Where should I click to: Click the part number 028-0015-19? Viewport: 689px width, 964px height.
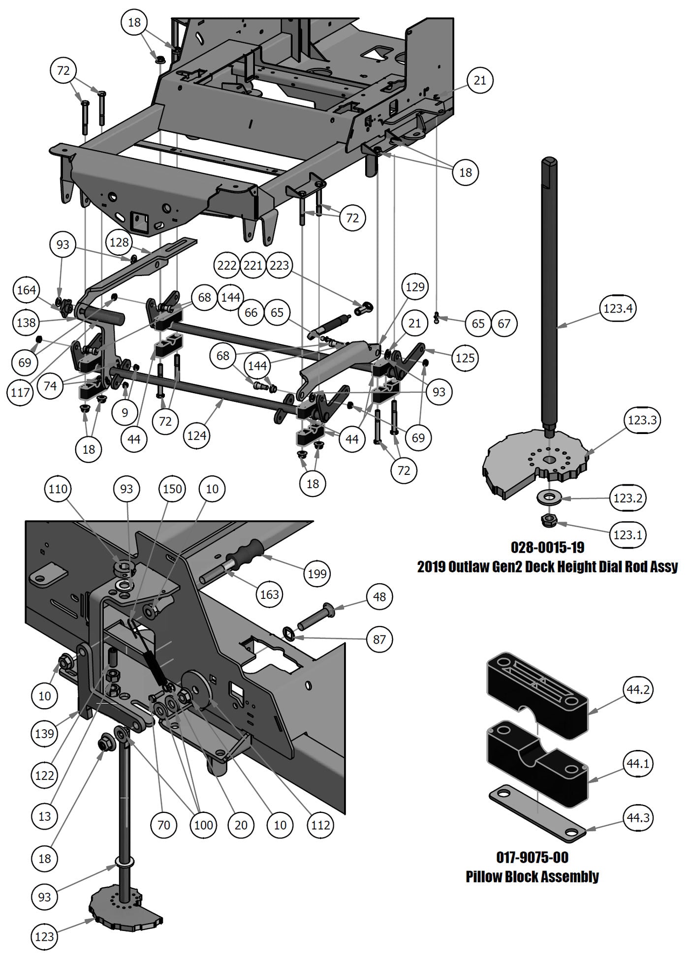coord(547,547)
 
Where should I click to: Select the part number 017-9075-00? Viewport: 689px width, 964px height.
coord(532,858)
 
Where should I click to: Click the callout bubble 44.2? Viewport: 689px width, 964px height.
coord(638,690)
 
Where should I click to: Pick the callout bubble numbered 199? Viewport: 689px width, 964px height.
coord(317,573)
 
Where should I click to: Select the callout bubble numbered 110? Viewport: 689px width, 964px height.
coord(58,489)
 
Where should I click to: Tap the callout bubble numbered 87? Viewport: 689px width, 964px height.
coord(379,639)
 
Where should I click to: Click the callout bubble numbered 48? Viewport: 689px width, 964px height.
coord(379,597)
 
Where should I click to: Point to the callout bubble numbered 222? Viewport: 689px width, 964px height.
coord(227,266)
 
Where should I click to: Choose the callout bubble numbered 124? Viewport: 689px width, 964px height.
coord(197,435)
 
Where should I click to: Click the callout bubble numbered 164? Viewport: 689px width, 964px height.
coord(26,290)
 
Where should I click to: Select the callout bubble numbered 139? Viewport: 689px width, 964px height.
coord(44,734)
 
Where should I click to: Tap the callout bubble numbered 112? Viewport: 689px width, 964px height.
coord(320,825)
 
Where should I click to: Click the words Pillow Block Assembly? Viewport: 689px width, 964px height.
coord(532,876)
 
